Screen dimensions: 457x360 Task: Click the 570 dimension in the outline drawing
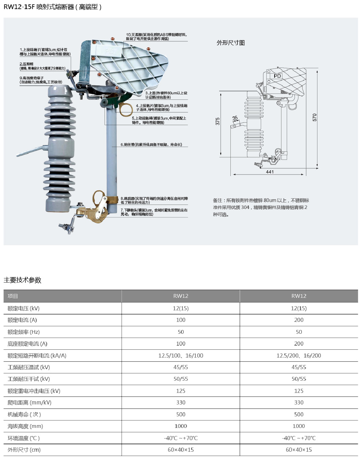pyautogui.click(x=315, y=117)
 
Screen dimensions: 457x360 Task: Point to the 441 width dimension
pyautogui.click(x=270, y=172)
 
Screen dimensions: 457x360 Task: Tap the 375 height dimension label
pyautogui.click(x=218, y=121)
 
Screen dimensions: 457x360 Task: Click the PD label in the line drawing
pyautogui.click(x=277, y=76)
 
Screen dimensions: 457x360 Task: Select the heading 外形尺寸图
pyautogui.click(x=231, y=43)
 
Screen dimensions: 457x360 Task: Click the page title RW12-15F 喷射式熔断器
pyautogui.click(x=53, y=7)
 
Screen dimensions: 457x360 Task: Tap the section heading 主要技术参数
pyautogui.click(x=23, y=280)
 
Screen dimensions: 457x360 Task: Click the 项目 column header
pyautogui.click(x=13, y=296)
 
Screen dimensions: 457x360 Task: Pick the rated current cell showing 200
pyautogui.click(x=299, y=320)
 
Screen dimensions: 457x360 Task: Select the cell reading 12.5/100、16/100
pyautogui.click(x=181, y=356)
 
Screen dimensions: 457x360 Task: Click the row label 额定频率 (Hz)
pyautogui.click(x=24, y=332)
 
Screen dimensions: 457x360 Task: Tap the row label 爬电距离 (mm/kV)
pyautogui.click(x=29, y=403)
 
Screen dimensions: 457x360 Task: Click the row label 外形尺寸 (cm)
pyautogui.click(x=24, y=450)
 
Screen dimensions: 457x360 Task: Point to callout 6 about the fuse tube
pyautogui.click(x=151, y=145)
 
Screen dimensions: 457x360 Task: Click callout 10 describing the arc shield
pyautogui.click(x=156, y=37)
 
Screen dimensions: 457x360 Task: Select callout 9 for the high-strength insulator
pyautogui.click(x=41, y=80)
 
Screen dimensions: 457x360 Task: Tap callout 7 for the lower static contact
pyautogui.click(x=154, y=212)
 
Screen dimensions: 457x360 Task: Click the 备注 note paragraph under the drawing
pyautogui.click(x=261, y=207)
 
